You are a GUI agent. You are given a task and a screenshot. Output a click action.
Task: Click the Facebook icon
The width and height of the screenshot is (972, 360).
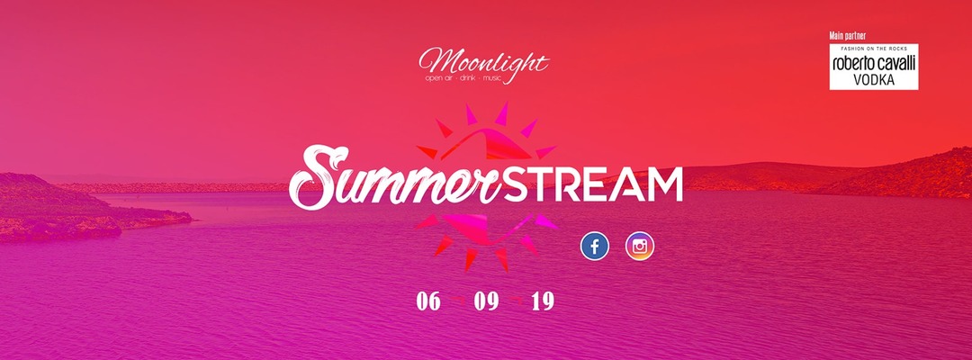coord(595,246)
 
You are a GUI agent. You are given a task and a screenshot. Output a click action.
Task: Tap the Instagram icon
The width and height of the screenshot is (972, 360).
coord(640,246)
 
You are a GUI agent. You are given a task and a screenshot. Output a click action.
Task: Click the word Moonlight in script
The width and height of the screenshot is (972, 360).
coord(484,62)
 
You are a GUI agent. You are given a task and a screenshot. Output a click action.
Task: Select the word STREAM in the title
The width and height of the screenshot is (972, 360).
coord(593,184)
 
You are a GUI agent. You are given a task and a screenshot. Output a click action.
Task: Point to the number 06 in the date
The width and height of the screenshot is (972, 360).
coord(428,301)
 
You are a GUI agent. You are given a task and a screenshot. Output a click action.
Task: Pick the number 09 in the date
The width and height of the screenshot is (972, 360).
coord(486,301)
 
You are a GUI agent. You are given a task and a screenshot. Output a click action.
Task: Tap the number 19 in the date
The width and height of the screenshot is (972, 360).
coord(543,301)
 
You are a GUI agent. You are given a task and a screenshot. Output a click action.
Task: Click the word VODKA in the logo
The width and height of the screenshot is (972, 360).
coord(874,79)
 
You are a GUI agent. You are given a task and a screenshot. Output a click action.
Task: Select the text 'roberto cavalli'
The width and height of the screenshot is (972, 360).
coord(874,63)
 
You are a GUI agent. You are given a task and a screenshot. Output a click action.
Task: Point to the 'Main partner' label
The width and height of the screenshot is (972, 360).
coord(847,36)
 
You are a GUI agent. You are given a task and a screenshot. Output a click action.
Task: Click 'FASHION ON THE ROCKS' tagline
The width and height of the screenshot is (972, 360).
coord(874,49)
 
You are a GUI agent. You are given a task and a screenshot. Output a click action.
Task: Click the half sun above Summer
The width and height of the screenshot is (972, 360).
coord(487,133)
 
